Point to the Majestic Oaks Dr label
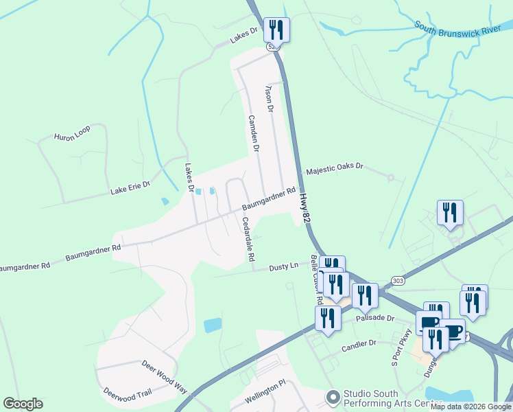click(x=334, y=169)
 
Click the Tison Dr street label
click(x=270, y=99)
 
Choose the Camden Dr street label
click(x=253, y=133)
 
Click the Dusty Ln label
click(x=284, y=266)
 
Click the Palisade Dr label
click(x=375, y=319)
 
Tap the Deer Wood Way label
click(x=165, y=377)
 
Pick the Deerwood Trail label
click(x=126, y=394)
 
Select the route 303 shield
click(x=398, y=280)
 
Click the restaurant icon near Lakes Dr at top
click(x=276, y=30)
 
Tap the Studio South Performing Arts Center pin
click(x=333, y=396)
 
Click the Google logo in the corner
click(x=23, y=404)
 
